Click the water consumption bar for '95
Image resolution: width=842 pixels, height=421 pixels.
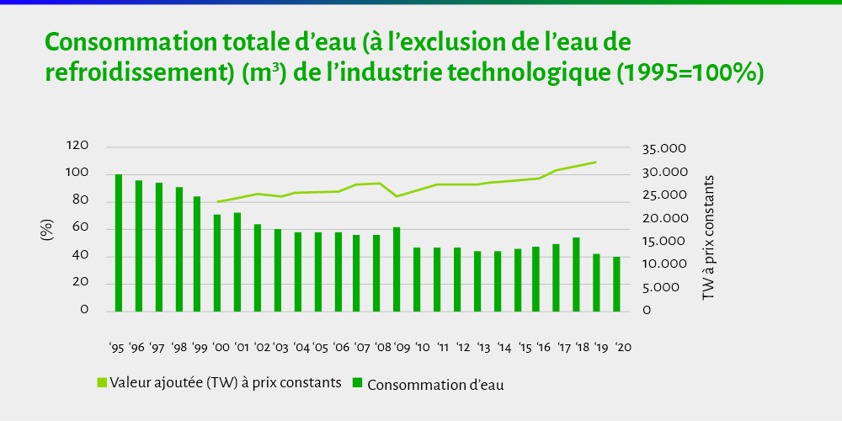point(119,243)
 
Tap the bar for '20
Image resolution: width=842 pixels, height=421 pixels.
point(616,284)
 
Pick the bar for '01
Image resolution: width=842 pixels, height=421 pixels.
point(237,262)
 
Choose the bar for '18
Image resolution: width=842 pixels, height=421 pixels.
point(576,274)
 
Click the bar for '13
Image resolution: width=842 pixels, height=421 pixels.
point(477,281)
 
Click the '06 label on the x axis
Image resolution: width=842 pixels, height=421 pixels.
point(341,347)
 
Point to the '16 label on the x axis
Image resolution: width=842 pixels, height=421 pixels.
point(544,347)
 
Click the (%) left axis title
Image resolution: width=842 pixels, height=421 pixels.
point(48,230)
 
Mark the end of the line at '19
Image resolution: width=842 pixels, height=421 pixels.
point(596,162)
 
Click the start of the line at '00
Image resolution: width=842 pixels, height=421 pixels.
point(218,202)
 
